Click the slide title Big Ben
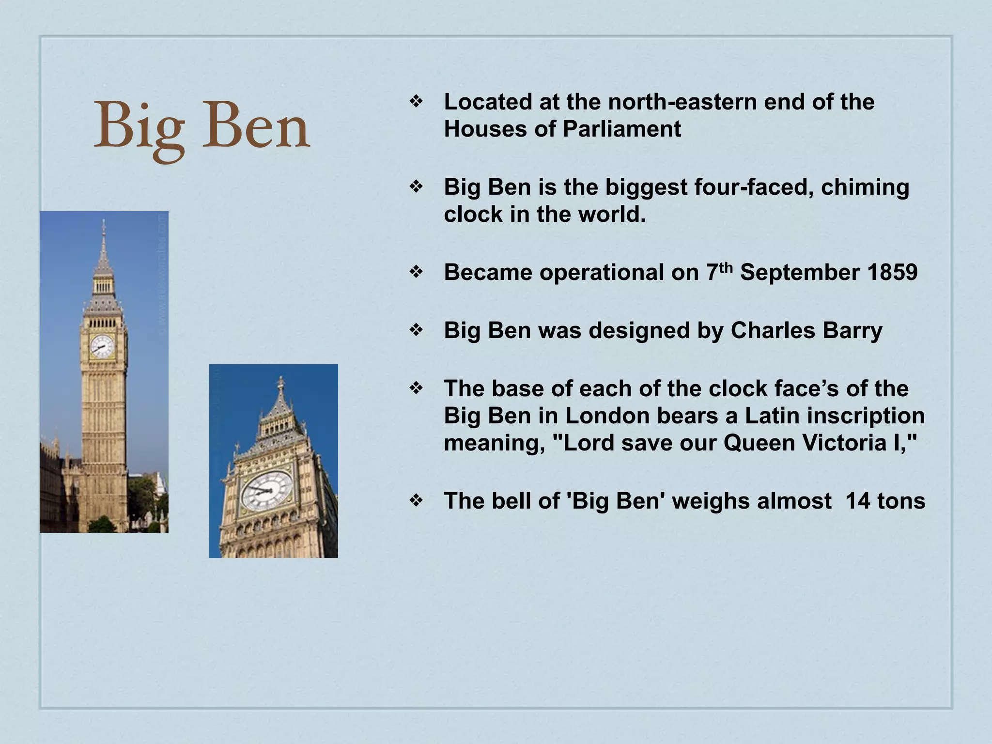tap(201, 126)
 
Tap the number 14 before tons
tap(858, 501)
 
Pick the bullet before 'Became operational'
tap(416, 272)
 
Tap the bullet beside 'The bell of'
tap(416, 500)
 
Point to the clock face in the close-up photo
tap(266, 491)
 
